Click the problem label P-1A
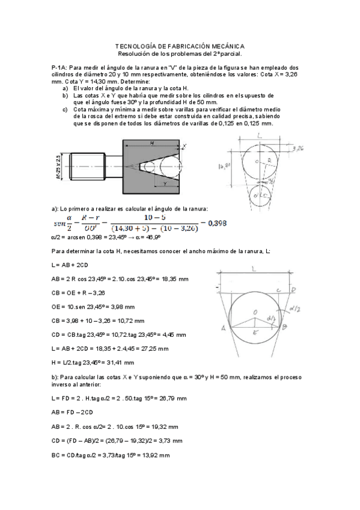(x=60, y=68)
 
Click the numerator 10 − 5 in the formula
(x=154, y=217)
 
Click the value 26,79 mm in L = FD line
(x=171, y=398)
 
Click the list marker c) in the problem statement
(x=65, y=109)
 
